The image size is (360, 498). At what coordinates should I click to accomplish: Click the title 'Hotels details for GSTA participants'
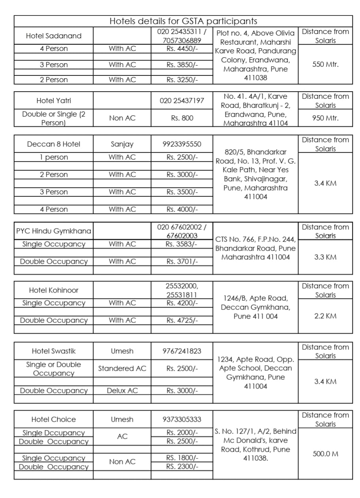click(183, 21)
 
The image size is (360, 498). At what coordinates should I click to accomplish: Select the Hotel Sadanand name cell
click(53, 36)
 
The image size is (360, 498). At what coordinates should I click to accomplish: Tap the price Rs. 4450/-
click(182, 49)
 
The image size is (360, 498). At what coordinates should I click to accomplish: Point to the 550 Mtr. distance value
click(325, 64)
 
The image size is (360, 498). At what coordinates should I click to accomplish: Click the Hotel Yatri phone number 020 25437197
click(182, 100)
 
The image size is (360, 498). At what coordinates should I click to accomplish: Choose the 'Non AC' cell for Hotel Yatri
click(122, 118)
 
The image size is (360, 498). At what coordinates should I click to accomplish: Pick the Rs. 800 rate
click(182, 118)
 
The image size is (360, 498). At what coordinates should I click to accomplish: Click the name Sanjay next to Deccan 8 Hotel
click(122, 144)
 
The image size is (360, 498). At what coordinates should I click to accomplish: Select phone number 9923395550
click(182, 144)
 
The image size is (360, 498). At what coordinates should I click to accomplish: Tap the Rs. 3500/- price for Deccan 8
click(182, 192)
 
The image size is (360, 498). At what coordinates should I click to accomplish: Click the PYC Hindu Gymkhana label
click(53, 231)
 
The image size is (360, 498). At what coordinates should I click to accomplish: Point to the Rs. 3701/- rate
click(182, 262)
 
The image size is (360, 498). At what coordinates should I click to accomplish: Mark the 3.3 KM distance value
click(325, 257)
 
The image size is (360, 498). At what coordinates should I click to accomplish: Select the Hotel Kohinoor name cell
click(53, 290)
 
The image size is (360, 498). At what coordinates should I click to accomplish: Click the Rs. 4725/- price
click(182, 321)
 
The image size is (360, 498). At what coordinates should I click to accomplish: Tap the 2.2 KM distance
click(325, 316)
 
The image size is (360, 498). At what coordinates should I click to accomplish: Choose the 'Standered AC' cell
click(122, 368)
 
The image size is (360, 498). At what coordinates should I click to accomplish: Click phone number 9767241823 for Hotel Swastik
click(182, 351)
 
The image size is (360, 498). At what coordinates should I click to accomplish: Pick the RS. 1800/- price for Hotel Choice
click(182, 458)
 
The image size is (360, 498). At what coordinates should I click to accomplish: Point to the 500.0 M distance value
click(325, 454)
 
